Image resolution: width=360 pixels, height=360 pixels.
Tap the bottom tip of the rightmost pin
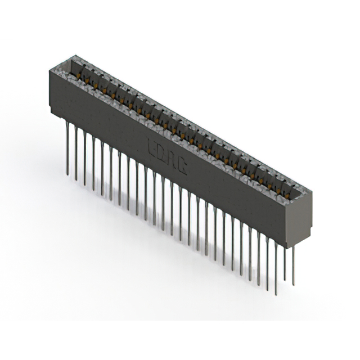(x=293, y=285)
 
